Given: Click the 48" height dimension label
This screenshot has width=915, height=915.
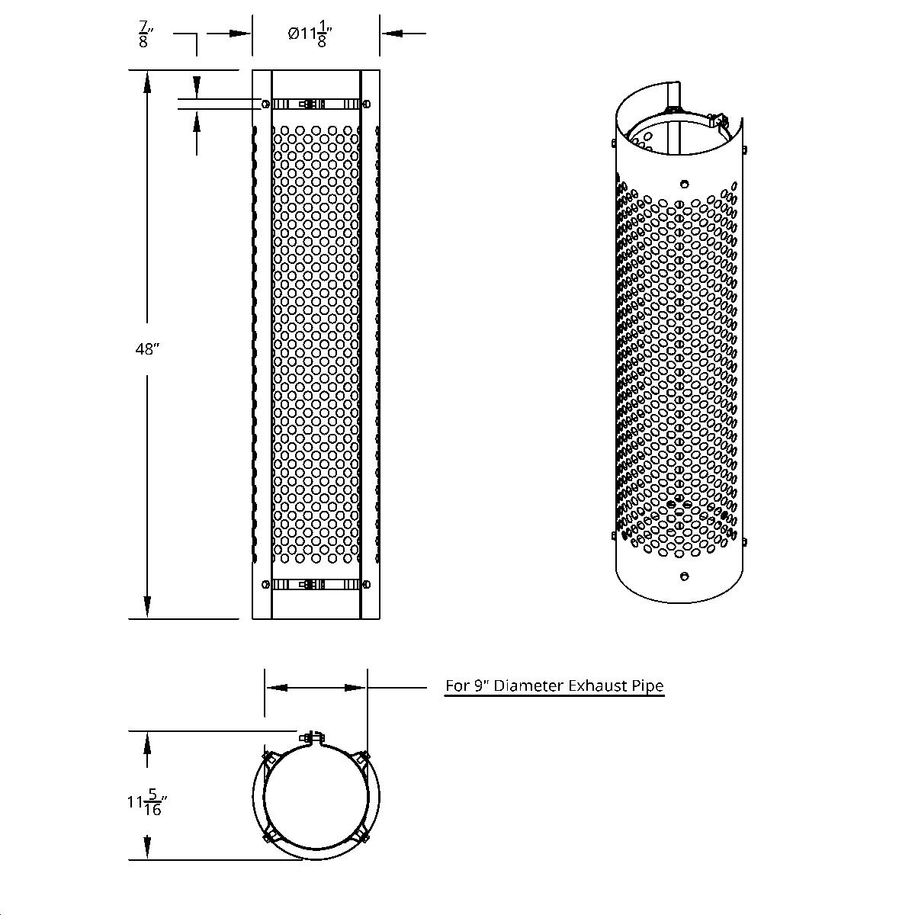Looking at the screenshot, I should tap(147, 349).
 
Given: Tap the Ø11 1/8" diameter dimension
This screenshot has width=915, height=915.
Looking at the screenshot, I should tap(311, 34).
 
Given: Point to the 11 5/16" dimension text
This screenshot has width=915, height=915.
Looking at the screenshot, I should tap(147, 802).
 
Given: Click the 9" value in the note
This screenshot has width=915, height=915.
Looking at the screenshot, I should tap(481, 685).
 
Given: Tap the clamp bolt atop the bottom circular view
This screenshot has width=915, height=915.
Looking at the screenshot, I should tap(311, 737).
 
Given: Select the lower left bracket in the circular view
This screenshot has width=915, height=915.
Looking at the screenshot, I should tap(268, 836).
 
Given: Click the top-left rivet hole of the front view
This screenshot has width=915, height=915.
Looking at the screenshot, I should tap(265, 104).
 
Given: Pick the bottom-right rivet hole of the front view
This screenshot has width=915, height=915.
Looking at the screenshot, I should tap(368, 585).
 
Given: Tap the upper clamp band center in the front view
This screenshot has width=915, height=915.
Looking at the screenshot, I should tap(316, 103).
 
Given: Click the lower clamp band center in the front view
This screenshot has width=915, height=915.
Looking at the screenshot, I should tap(316, 585).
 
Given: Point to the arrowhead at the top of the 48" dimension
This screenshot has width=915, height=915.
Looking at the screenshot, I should tap(147, 81).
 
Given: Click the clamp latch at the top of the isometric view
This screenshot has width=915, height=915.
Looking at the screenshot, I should tap(715, 119).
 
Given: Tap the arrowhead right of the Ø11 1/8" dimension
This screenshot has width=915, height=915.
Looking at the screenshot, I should tap(391, 33).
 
